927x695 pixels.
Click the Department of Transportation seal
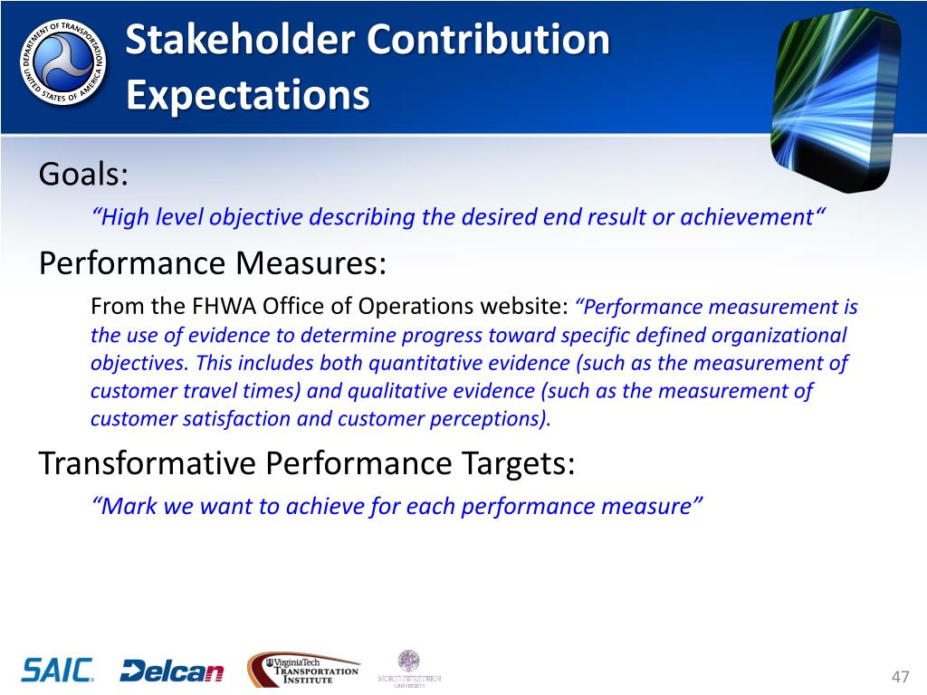(x=63, y=62)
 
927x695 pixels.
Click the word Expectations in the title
(x=248, y=95)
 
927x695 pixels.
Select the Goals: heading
(x=83, y=175)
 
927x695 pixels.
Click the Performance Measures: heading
(x=213, y=263)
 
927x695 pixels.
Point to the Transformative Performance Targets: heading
(x=307, y=462)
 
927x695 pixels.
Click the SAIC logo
(x=57, y=671)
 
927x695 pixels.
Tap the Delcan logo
(x=172, y=671)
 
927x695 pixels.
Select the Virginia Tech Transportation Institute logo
(x=303, y=670)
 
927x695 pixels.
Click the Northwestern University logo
(x=409, y=669)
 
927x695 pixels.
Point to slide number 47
(x=900, y=677)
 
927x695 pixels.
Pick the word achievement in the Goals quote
(x=747, y=217)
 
